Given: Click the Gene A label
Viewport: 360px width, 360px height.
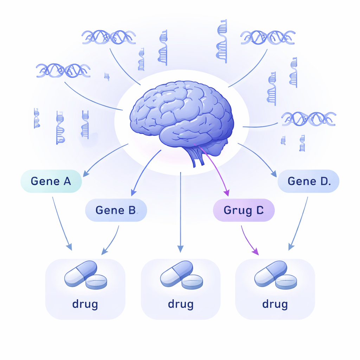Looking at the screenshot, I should tap(51, 181).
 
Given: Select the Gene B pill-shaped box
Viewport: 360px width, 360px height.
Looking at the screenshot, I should tap(116, 210).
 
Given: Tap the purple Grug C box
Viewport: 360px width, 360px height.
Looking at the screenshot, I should tap(244, 211).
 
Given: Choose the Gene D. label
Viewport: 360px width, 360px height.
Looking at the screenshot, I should tap(308, 181).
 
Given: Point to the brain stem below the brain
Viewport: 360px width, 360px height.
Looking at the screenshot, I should tap(197, 156).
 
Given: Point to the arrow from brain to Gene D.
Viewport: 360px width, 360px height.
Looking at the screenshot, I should tap(257, 158).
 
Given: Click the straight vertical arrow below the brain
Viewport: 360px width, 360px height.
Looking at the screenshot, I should tap(180, 211).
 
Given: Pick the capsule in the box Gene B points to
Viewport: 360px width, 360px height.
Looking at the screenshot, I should tap(81, 273).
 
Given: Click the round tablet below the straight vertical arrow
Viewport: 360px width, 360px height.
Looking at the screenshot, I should tap(192, 282).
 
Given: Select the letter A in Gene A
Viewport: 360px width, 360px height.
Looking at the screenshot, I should tap(67, 181).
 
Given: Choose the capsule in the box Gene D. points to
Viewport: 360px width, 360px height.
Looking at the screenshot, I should tap(270, 273).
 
